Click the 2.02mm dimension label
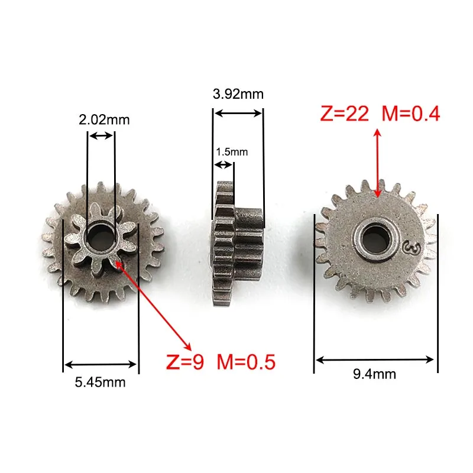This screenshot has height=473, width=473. point(104,120)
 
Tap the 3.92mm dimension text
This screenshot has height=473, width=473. point(238,94)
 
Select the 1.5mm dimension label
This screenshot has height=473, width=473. point(232,152)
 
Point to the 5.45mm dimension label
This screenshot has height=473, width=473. point(100,382)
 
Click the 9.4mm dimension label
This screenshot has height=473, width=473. point(374,374)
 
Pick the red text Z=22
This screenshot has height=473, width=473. point(345,114)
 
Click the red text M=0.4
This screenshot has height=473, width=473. point(411,114)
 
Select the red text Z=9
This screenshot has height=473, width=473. point(185,361)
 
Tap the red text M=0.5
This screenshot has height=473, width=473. point(246,361)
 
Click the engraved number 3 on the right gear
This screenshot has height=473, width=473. point(413,248)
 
